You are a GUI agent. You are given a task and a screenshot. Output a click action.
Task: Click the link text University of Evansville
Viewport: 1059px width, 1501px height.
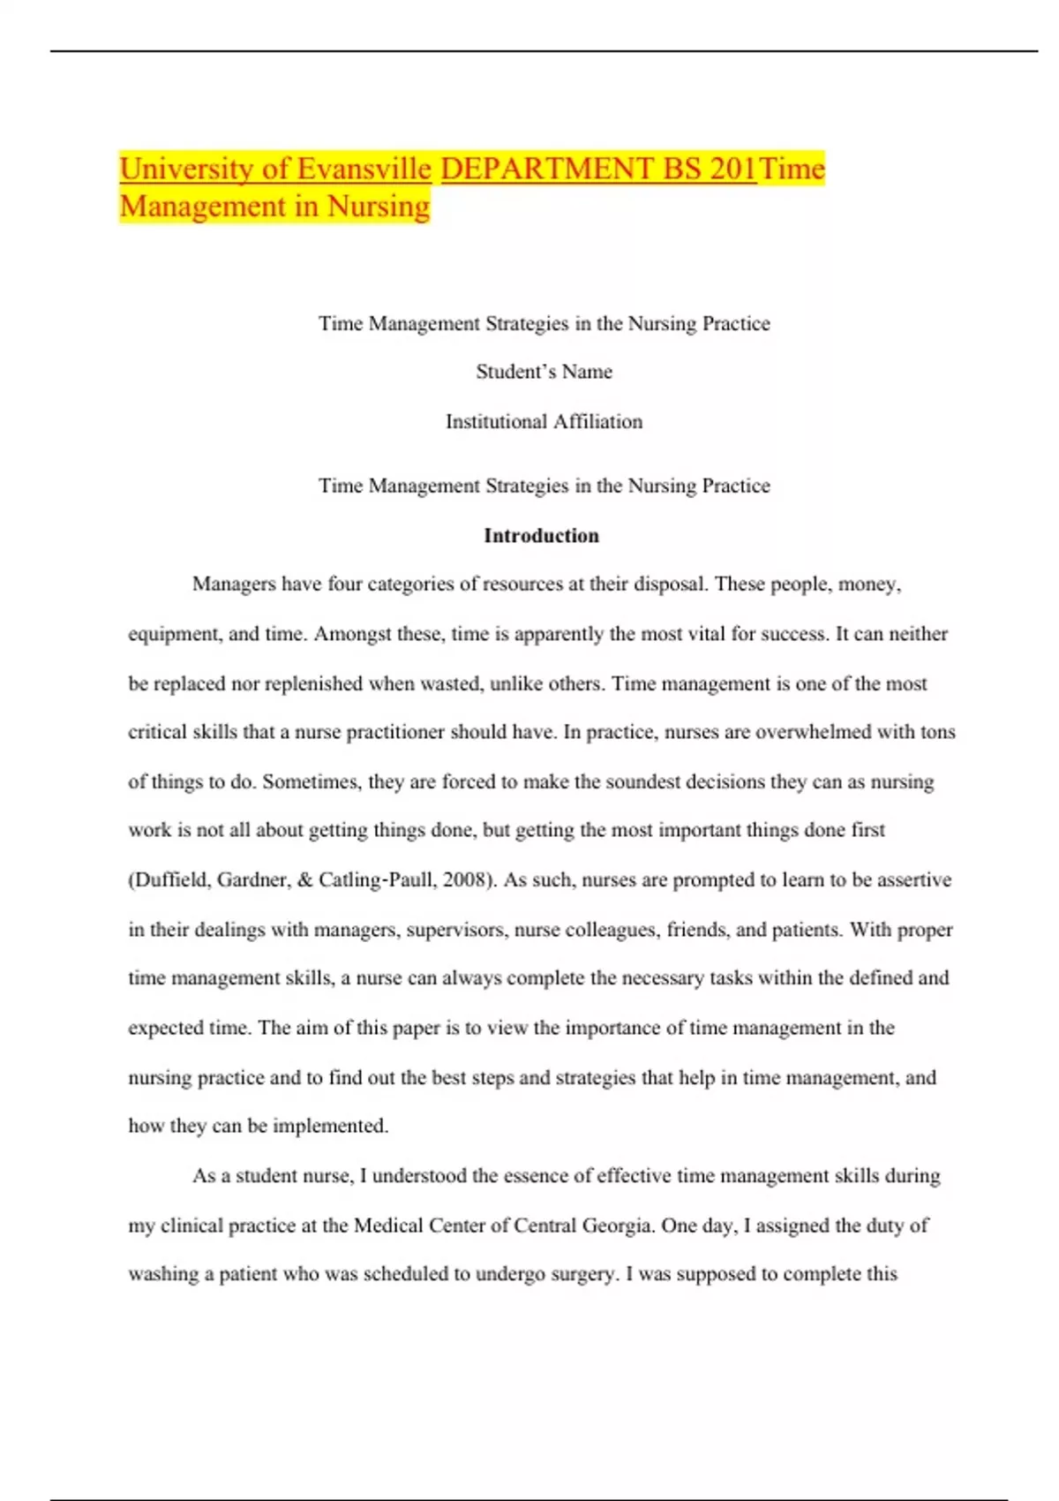click(x=275, y=169)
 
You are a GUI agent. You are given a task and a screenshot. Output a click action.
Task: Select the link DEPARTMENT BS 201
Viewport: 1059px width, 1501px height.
click(x=598, y=169)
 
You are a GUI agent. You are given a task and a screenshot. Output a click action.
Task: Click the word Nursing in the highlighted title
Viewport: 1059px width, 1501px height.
click(x=379, y=207)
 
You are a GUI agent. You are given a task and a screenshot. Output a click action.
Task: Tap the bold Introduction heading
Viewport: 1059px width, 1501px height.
click(x=541, y=536)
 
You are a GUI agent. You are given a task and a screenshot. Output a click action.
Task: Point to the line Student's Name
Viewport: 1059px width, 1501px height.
click(x=544, y=372)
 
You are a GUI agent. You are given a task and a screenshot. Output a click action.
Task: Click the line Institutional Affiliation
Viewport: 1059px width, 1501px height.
click(x=544, y=422)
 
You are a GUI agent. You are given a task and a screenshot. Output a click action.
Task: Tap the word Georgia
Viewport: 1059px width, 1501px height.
click(x=617, y=1226)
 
